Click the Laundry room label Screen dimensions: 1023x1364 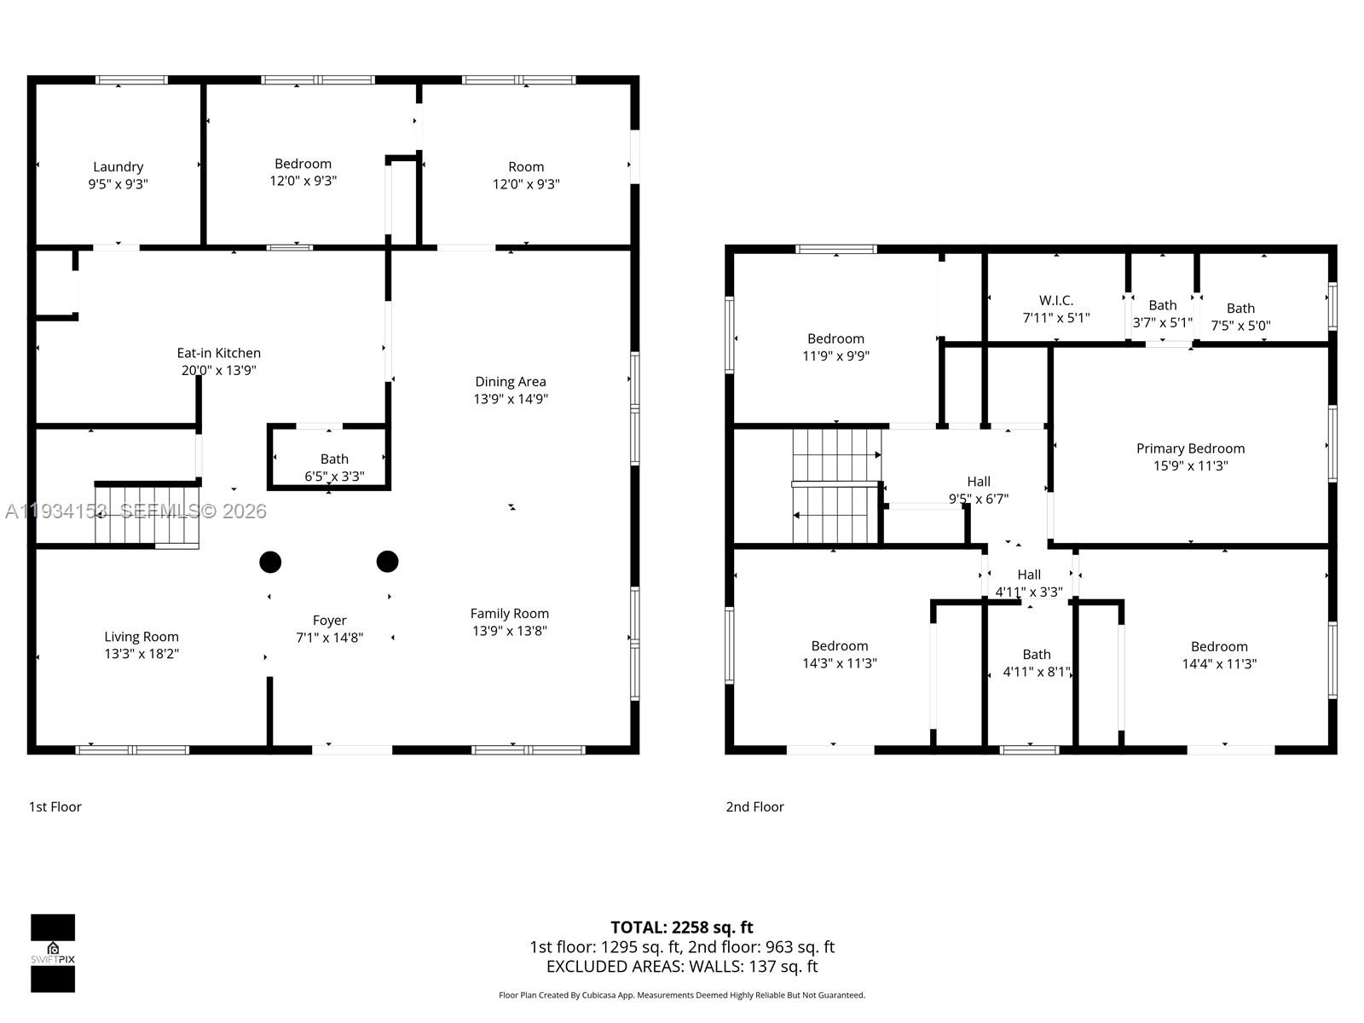point(118,167)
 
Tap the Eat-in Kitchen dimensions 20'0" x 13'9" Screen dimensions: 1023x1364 point(218,370)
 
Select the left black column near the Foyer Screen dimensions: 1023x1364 point(270,562)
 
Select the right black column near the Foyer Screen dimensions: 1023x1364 point(387,561)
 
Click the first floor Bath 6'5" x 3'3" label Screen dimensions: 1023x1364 point(334,467)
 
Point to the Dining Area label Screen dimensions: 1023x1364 point(510,382)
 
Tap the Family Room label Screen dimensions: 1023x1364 point(510,614)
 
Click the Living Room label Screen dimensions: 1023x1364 point(142,637)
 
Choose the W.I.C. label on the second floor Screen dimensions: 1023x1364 point(1055,301)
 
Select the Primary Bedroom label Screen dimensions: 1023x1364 point(1190,448)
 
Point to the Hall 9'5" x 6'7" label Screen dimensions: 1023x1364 point(979,490)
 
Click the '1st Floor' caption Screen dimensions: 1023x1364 point(55,806)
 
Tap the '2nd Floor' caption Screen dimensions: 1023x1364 point(754,806)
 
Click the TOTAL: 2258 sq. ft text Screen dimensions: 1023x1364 point(681,928)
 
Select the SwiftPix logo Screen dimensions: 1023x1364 point(53,953)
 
